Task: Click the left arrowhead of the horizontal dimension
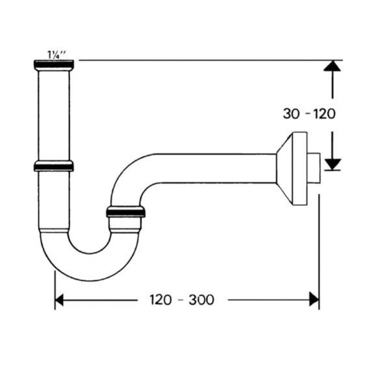(60, 299)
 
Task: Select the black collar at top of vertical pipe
(53, 64)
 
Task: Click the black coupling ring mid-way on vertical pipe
(53, 166)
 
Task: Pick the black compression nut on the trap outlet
(126, 211)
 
